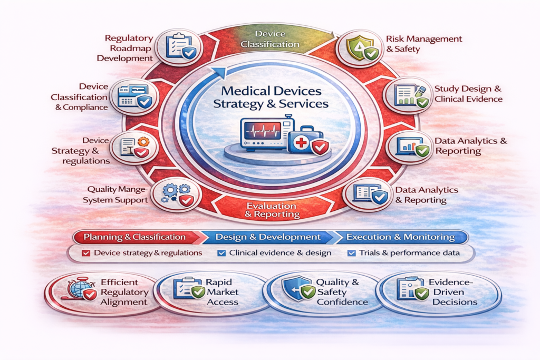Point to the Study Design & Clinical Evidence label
[468, 93]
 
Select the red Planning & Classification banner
[135, 237]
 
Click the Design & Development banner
[268, 237]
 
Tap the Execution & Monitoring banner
[401, 237]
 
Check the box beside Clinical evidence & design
[221, 253]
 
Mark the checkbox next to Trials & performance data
[352, 253]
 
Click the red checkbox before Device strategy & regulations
[86, 253]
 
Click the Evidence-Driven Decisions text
[454, 291]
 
